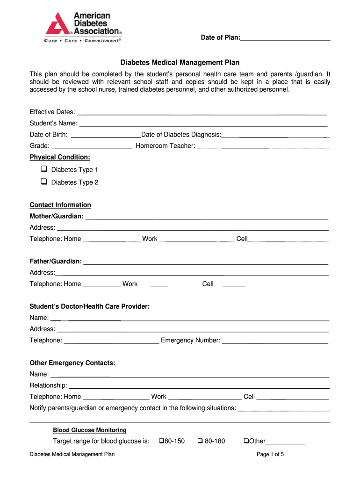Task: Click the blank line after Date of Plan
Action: (x=285, y=38)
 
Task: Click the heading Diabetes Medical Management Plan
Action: (x=180, y=62)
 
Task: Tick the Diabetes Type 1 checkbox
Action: (x=44, y=169)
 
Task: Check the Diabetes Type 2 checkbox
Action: (x=44, y=181)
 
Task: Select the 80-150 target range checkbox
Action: (x=162, y=441)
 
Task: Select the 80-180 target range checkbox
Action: (x=200, y=441)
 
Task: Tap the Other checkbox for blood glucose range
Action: (x=246, y=441)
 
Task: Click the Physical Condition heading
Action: (x=60, y=157)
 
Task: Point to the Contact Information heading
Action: (x=60, y=205)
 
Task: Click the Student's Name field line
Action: (x=203, y=124)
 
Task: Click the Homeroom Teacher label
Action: (x=165, y=146)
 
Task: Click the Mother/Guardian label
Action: (x=57, y=216)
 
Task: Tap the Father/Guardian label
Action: (x=56, y=261)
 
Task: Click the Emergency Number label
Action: (x=190, y=340)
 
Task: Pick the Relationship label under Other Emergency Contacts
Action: (x=48, y=385)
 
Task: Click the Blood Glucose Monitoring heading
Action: (x=89, y=430)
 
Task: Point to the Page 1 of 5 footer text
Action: (x=270, y=454)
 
